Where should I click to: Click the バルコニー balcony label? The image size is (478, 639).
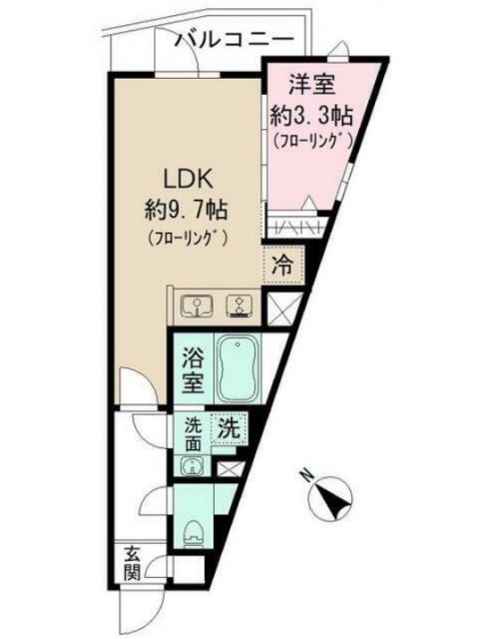coord(235,40)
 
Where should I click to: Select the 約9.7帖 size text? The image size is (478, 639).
coord(187,211)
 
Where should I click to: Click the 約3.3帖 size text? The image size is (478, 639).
coord(307,114)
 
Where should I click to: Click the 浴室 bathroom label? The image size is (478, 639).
coord(194,368)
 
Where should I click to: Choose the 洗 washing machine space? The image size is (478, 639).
coord(228,427)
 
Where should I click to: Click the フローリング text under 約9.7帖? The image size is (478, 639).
coord(188,238)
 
